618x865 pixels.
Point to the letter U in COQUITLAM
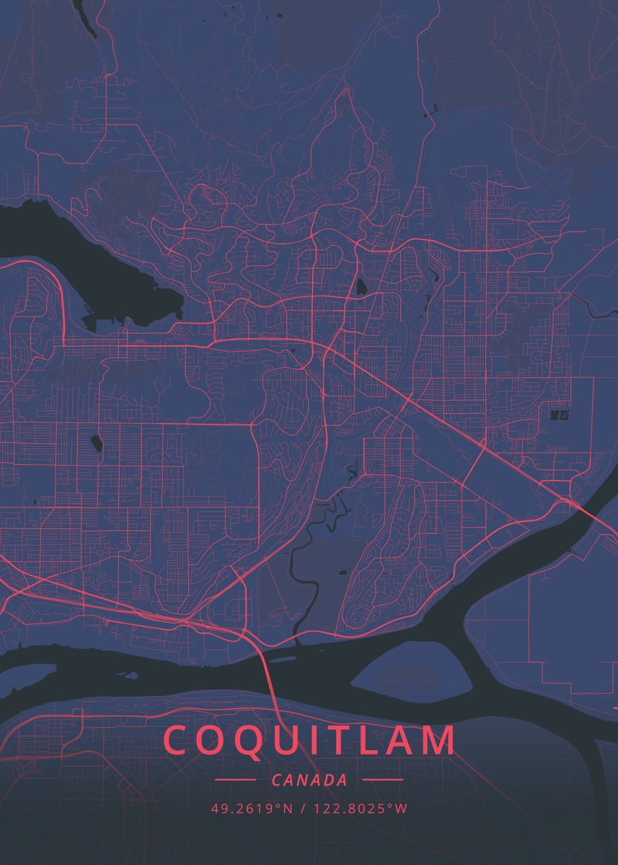(296, 740)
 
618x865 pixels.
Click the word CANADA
(309, 780)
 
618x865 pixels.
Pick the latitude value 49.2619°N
(252, 809)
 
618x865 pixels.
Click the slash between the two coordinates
(303, 809)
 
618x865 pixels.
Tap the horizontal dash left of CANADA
(235, 780)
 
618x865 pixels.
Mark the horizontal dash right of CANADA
(382, 780)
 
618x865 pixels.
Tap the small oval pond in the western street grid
(94, 441)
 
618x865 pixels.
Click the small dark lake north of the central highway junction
(361, 286)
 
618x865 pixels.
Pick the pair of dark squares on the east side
(559, 414)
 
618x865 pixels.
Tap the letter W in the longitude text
(402, 809)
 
